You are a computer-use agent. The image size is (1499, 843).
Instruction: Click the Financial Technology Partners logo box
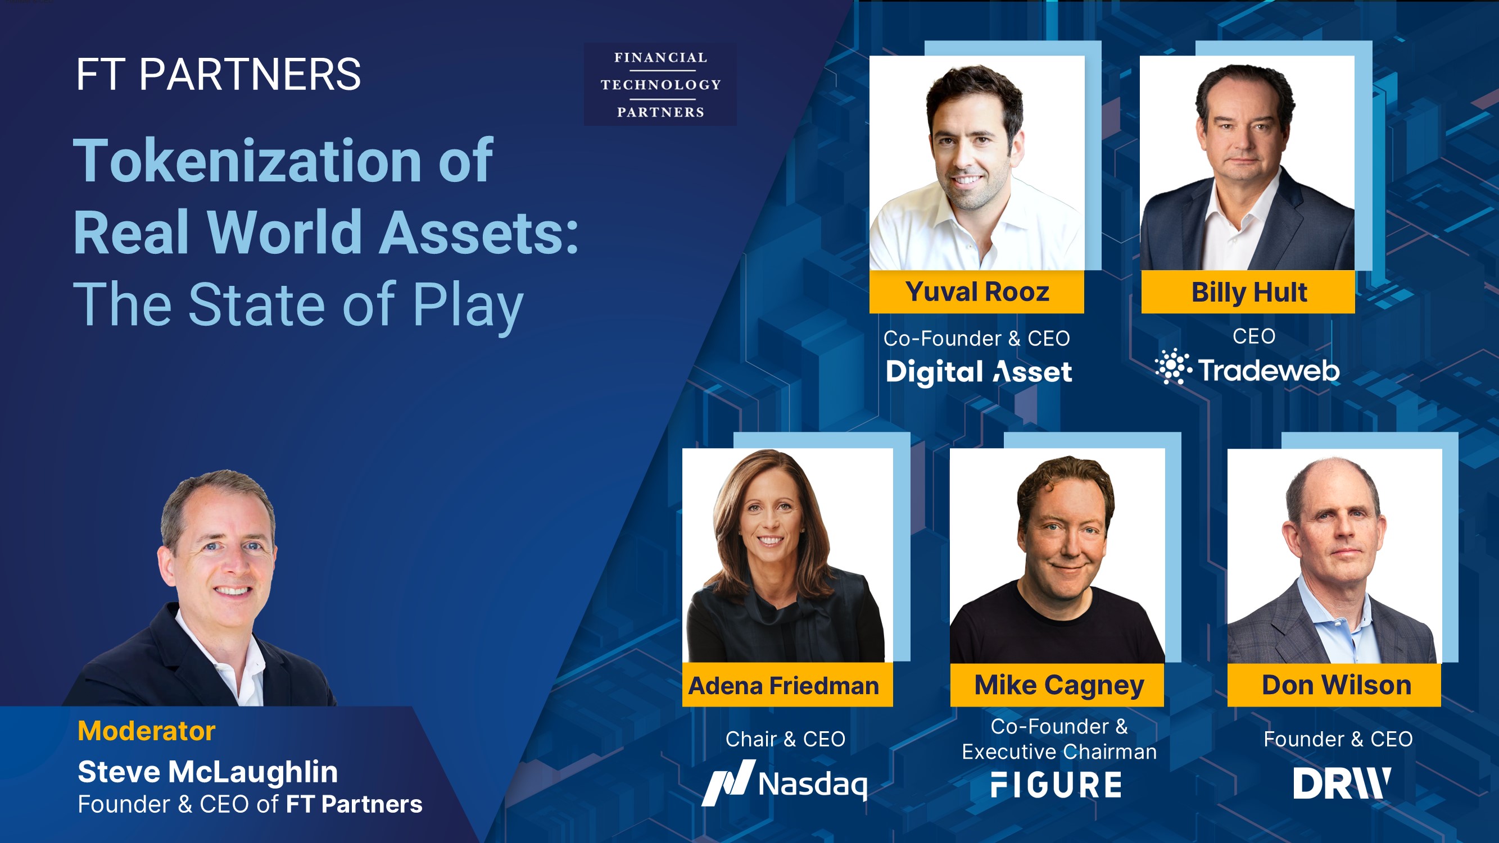[660, 84]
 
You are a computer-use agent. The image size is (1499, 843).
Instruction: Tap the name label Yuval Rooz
[976, 292]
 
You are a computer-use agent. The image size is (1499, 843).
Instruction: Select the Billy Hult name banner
[1248, 292]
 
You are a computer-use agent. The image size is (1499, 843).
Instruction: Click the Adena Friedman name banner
[784, 685]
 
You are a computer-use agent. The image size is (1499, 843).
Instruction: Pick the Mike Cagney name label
[1058, 685]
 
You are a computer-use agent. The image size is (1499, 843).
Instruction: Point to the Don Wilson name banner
[1336, 685]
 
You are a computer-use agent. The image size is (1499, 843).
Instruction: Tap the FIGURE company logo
[1056, 784]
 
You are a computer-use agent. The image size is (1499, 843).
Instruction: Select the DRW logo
[1341, 783]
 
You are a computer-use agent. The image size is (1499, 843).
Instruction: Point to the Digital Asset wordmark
[978, 371]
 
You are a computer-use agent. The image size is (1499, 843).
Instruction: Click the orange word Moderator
[147, 731]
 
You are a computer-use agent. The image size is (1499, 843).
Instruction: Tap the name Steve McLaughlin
[208, 772]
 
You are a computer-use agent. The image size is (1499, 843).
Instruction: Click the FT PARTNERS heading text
[218, 75]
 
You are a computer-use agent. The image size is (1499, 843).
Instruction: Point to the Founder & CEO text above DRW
[1338, 739]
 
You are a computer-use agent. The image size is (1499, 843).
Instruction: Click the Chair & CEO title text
[785, 739]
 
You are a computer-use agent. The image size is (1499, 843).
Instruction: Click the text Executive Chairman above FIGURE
[1059, 751]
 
